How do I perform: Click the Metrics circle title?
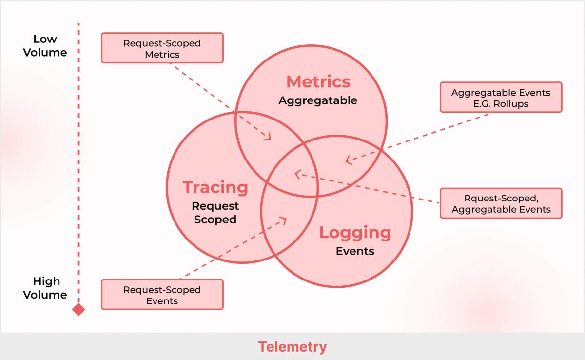[x=318, y=81]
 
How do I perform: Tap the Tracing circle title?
[x=215, y=187]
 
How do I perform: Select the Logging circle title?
[x=355, y=233]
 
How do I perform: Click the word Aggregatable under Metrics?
[x=318, y=101]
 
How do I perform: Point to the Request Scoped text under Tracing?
[x=215, y=213]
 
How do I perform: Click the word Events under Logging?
[x=355, y=252]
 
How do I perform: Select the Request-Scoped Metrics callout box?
[x=162, y=48]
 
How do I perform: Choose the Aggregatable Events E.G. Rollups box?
[x=501, y=98]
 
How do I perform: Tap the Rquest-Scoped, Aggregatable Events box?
[x=501, y=203]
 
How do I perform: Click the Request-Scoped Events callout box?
[x=162, y=295]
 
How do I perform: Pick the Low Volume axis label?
[x=45, y=46]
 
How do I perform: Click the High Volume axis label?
[x=45, y=288]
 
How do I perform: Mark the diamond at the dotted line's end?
[x=78, y=309]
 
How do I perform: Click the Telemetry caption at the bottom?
[x=292, y=347]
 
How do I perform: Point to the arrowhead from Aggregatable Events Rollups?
[x=348, y=160]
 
